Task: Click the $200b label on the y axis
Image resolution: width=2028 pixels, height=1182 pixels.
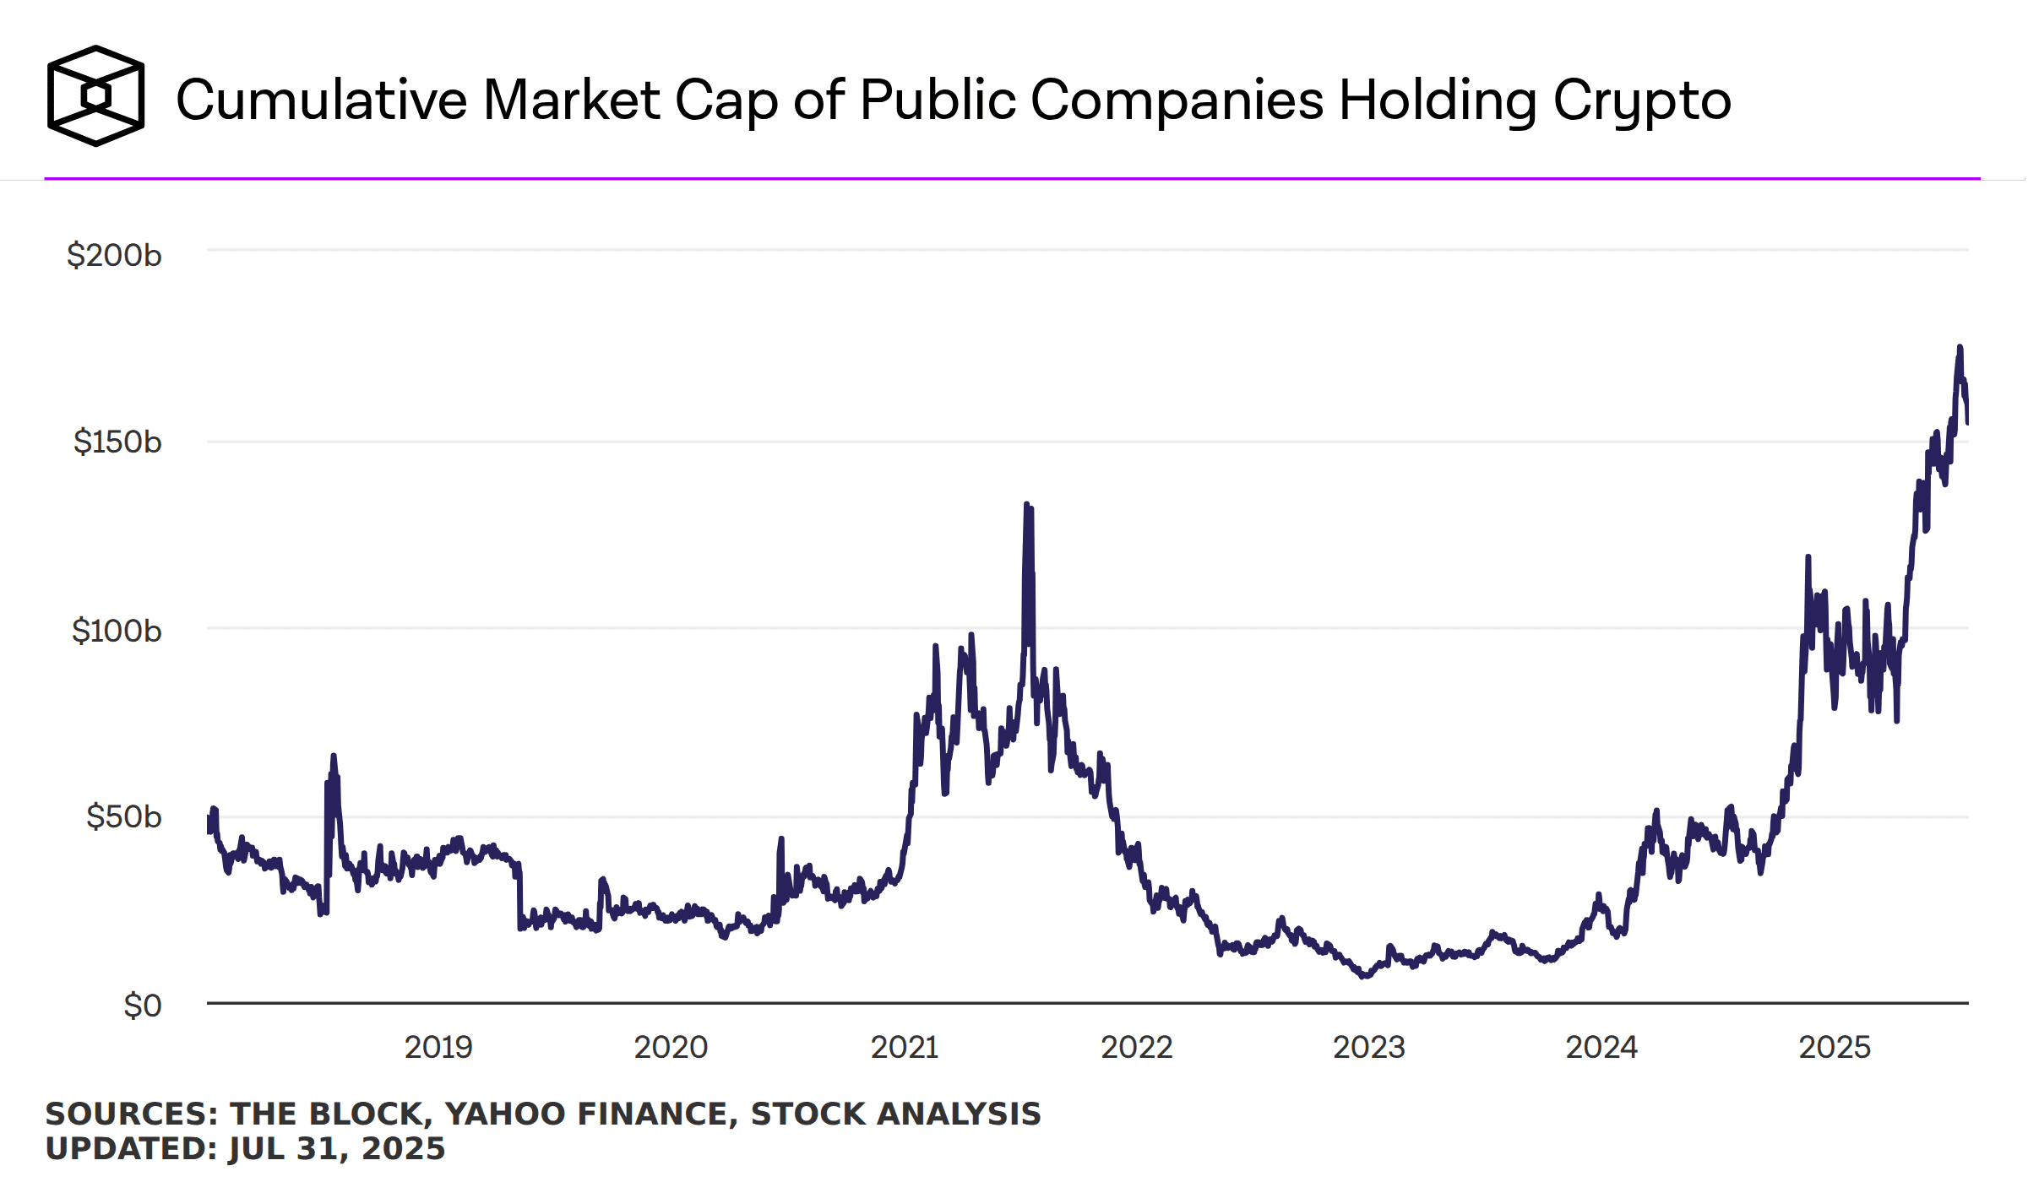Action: click(x=114, y=255)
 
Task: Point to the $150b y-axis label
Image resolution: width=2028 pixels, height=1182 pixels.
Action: click(x=117, y=442)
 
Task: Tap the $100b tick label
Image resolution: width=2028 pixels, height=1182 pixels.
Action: click(x=117, y=631)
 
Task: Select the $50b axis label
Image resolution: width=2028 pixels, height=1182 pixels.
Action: click(x=123, y=816)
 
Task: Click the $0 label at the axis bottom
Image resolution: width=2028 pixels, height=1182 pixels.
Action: click(x=142, y=1006)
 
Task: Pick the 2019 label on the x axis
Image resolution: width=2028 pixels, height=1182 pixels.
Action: click(x=438, y=1047)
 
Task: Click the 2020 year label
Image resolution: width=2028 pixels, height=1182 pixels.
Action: click(x=671, y=1047)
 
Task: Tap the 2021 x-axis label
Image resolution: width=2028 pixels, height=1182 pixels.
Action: click(x=905, y=1047)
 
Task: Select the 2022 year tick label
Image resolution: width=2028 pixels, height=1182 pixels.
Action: click(x=1136, y=1047)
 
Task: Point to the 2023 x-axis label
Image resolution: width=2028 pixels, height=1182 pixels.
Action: click(x=1368, y=1047)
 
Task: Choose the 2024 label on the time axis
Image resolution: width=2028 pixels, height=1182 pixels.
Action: click(x=1601, y=1047)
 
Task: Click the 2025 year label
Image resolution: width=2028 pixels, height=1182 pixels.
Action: click(x=1835, y=1047)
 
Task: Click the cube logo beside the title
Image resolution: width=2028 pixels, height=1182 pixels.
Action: click(x=95, y=96)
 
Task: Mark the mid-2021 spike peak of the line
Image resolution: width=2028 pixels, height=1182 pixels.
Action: click(x=1026, y=505)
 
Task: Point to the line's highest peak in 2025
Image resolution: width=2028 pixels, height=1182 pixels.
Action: click(x=1960, y=347)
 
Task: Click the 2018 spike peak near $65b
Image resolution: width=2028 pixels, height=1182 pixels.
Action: click(x=334, y=756)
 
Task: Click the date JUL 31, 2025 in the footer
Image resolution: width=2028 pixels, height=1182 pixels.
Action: click(x=336, y=1148)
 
